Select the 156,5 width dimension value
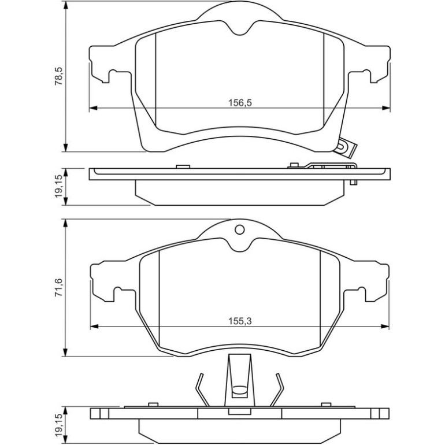point(240,103)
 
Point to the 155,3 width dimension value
point(240,321)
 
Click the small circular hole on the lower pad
point(240,229)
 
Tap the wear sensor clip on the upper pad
point(346,148)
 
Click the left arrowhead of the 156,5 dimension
point(94,108)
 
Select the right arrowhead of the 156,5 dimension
point(386,108)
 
